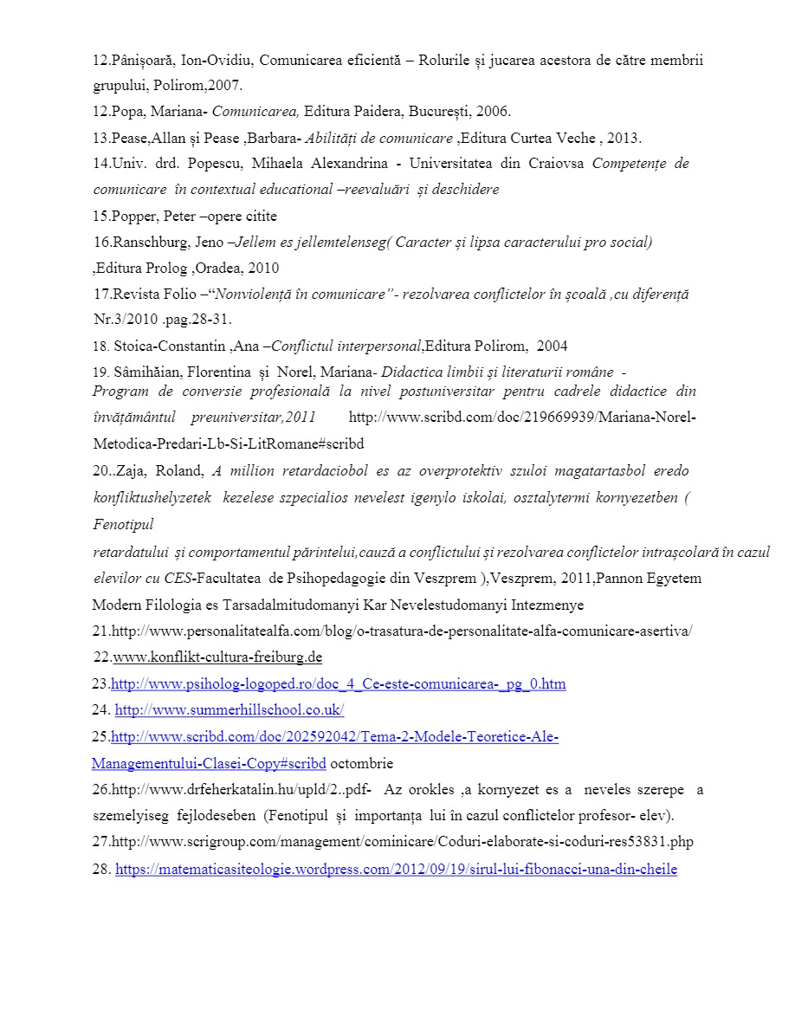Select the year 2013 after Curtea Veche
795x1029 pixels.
[x=623, y=139]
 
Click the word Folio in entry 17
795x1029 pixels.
[x=178, y=294]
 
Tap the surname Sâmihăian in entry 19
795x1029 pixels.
[x=150, y=373]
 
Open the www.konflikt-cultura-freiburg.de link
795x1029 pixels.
[x=217, y=657]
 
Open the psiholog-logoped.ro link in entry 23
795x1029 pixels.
[x=339, y=684]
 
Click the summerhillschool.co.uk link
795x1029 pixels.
[x=229, y=710]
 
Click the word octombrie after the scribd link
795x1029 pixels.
[x=362, y=764]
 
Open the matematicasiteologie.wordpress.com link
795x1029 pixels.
[x=396, y=869]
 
